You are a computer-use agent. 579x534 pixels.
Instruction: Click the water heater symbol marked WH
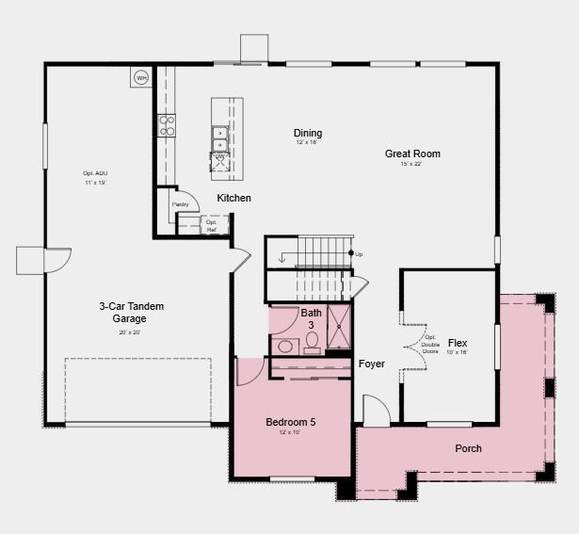141,77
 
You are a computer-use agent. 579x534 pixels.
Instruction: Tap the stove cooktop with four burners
167,125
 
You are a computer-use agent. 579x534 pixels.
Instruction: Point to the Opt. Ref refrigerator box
212,224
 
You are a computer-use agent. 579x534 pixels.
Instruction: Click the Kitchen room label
233,198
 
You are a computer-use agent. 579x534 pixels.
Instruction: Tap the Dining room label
308,133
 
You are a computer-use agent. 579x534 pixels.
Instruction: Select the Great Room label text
412,154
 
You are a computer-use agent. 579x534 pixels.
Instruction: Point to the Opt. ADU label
95,173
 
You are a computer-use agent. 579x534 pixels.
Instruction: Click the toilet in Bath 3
313,340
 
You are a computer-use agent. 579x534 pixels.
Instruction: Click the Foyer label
372,364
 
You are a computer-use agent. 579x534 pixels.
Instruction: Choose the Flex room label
458,343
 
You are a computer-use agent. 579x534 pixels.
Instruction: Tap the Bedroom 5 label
290,422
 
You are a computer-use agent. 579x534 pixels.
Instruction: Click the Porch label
468,448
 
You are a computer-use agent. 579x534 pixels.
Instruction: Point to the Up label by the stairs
359,254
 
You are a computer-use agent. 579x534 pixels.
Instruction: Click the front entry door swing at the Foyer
375,411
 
